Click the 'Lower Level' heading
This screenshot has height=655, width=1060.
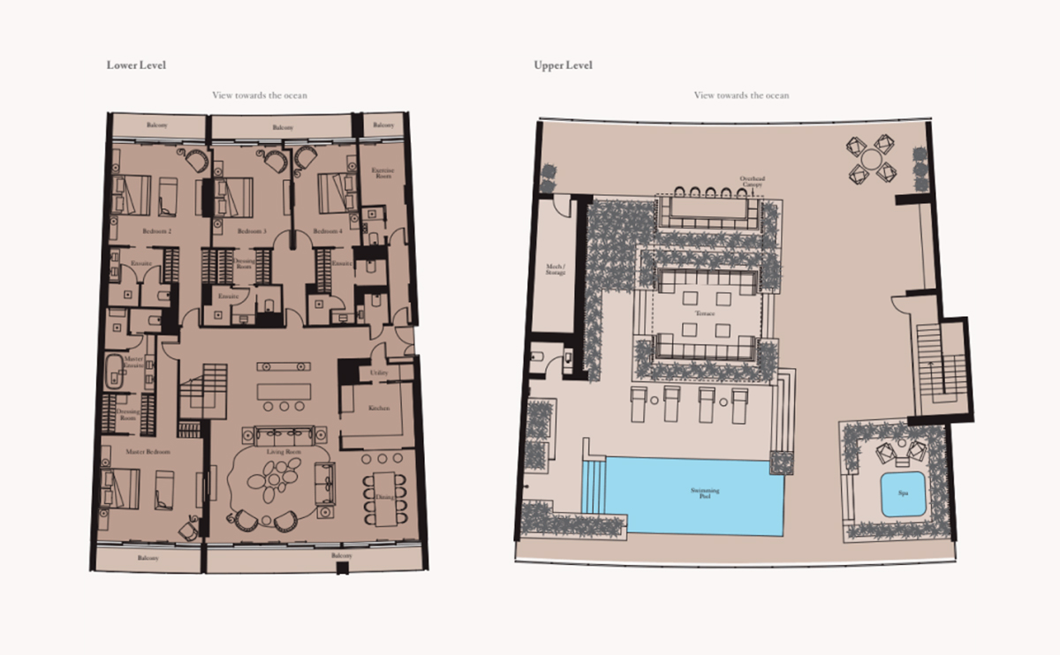(136, 65)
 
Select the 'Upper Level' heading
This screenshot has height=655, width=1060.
(563, 65)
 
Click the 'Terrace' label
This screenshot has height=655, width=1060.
(704, 313)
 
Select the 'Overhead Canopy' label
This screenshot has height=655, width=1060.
(753, 183)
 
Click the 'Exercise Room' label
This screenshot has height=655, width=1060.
(382, 172)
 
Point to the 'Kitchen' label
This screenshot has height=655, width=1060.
(378, 409)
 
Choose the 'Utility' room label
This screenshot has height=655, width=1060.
(379, 374)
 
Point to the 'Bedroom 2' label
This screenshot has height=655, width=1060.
(155, 231)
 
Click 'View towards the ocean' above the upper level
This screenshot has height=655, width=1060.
(741, 95)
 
